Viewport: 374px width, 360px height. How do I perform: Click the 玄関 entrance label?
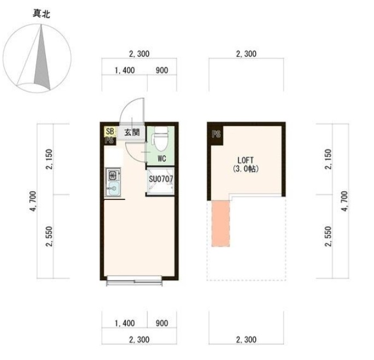(132, 132)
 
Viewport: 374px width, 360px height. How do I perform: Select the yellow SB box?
(109, 132)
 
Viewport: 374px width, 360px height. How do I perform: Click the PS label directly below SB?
(109, 140)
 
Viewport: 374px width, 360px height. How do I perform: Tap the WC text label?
(161, 159)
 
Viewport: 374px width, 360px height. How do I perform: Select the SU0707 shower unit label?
(161, 178)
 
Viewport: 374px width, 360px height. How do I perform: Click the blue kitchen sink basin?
(113, 189)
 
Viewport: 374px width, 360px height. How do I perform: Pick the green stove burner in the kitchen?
(113, 176)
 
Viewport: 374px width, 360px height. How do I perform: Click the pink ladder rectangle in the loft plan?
(220, 222)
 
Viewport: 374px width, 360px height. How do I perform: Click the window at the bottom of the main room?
(135, 282)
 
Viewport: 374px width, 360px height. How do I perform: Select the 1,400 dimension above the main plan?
(125, 71)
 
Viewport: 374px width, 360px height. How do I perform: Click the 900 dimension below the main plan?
(162, 323)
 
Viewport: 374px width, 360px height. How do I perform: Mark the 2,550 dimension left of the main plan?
(49, 237)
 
